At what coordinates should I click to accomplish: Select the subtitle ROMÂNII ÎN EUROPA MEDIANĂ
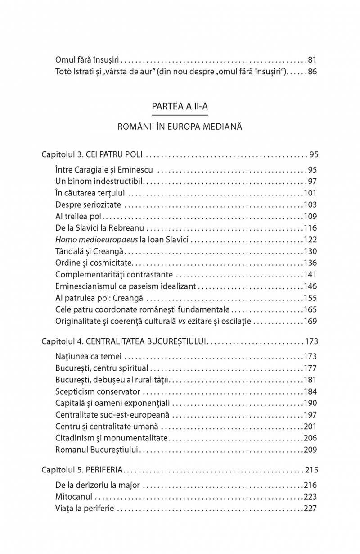(x=180, y=127)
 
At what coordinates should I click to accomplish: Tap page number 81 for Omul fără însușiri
(x=313, y=59)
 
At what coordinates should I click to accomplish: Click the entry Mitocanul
(x=74, y=497)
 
